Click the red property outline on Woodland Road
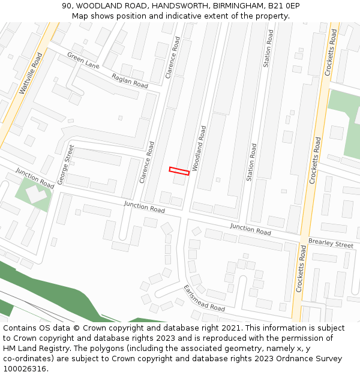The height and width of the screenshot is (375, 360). pyautogui.click(x=179, y=171)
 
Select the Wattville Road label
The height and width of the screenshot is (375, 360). pyautogui.click(x=31, y=73)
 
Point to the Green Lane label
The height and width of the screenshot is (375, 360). pyautogui.click(x=83, y=60)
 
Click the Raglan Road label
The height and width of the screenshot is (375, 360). pyautogui.click(x=130, y=81)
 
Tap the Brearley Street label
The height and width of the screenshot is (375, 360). pyautogui.click(x=331, y=244)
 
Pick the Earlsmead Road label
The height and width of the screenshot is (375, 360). pyautogui.click(x=204, y=298)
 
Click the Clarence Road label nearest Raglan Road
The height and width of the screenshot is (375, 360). pyautogui.click(x=172, y=59)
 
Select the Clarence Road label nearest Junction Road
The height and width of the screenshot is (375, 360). pyautogui.click(x=147, y=162)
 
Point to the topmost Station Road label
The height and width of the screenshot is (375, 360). pyautogui.click(x=268, y=48)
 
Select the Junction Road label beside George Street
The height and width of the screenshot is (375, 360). pyautogui.click(x=35, y=178)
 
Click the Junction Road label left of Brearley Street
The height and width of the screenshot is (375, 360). pyautogui.click(x=250, y=229)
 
